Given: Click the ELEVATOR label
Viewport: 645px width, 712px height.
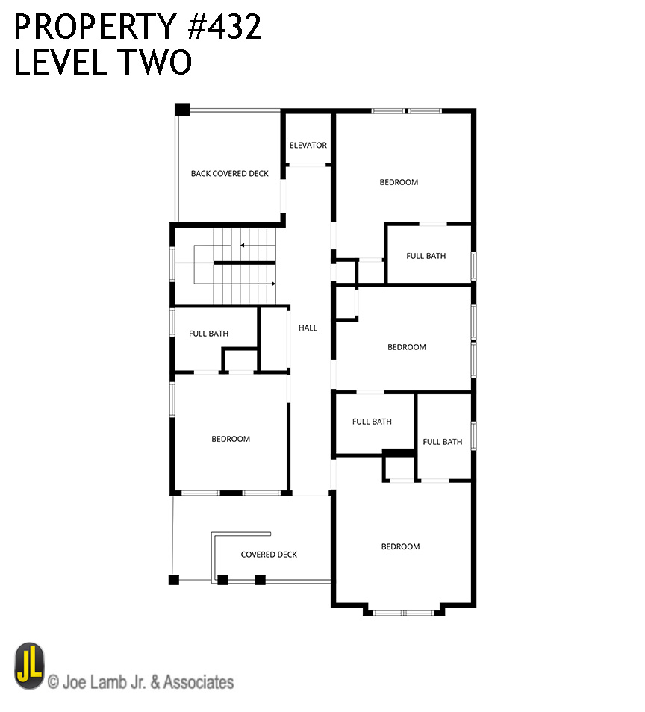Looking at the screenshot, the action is (x=308, y=146).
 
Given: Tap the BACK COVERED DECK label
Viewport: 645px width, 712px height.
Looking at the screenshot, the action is (x=229, y=173).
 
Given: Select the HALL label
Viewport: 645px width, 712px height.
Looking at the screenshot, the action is (x=308, y=328).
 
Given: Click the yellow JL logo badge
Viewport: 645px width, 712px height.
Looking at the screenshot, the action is (x=30, y=666).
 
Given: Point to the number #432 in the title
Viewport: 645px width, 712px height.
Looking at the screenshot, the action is (x=225, y=26).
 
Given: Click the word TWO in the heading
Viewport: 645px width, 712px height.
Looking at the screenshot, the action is (x=155, y=62).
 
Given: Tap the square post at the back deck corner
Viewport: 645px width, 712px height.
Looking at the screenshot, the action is (x=181, y=110).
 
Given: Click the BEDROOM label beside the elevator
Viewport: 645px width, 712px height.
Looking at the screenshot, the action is (x=399, y=182).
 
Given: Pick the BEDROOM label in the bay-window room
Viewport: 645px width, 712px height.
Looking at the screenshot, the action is (x=400, y=546).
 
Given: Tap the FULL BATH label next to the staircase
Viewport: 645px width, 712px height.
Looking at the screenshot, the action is (x=208, y=334).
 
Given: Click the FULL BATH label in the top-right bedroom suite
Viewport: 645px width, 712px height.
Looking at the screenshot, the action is (x=426, y=256).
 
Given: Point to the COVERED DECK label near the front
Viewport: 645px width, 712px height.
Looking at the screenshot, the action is (x=269, y=555).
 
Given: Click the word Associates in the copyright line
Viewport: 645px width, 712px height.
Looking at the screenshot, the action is (x=199, y=682).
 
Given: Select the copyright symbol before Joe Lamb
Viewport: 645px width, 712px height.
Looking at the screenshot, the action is (x=53, y=682).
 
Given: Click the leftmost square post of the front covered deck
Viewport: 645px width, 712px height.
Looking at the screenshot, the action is (x=173, y=580).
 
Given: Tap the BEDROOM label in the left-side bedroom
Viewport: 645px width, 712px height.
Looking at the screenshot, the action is (x=231, y=439).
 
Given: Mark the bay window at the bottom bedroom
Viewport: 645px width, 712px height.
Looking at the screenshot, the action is (x=403, y=613).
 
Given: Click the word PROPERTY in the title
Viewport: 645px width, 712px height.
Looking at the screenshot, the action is (x=96, y=26).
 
